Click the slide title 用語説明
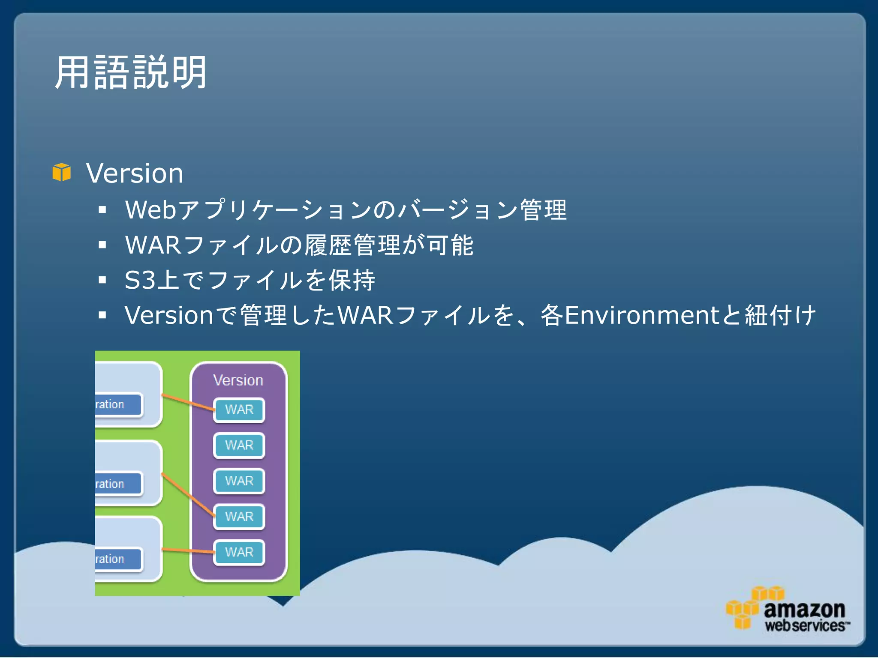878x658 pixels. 131,73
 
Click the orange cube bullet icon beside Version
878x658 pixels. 61,172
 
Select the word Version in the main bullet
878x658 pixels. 135,173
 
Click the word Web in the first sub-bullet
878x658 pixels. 150,210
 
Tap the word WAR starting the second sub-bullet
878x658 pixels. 153,245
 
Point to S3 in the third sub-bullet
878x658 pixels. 140,280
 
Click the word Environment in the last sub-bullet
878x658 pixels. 641,315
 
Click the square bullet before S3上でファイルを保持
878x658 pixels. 102,280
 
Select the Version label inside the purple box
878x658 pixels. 238,380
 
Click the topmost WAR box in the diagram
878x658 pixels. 239,410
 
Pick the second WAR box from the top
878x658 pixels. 239,446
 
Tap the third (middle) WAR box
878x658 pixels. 239,481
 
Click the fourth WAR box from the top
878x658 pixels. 239,517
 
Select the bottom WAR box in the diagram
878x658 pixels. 239,552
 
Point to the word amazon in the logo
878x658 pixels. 804,609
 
